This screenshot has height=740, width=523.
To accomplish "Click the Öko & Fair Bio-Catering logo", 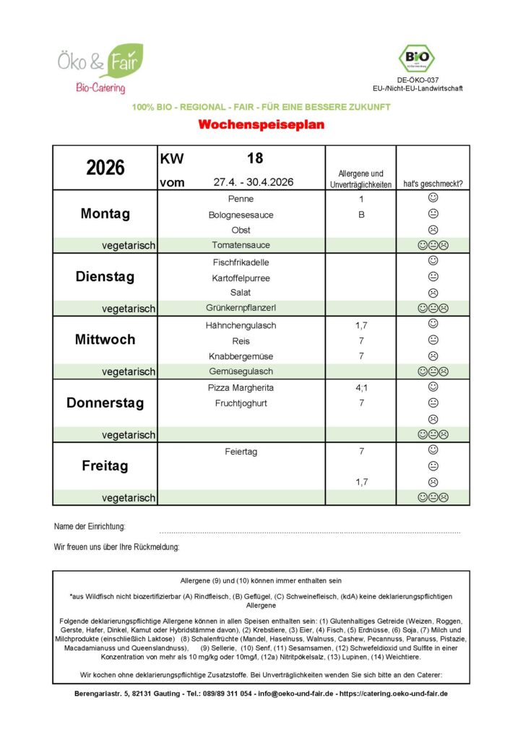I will click(x=101, y=69).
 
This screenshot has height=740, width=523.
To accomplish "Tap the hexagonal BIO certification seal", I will click(x=417, y=59).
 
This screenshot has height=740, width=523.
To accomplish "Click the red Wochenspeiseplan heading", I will click(x=261, y=125).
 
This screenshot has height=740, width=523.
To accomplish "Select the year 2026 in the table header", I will click(x=105, y=168).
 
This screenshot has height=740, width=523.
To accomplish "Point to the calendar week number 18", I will click(x=254, y=158).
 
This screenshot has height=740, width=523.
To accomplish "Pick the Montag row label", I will click(x=105, y=214).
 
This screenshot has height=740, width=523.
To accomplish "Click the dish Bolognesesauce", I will click(x=242, y=215).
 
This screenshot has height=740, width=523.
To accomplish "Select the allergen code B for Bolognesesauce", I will click(x=361, y=215).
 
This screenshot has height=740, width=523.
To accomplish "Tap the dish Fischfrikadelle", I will click(x=241, y=262).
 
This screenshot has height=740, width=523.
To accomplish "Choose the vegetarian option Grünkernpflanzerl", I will click(x=241, y=309).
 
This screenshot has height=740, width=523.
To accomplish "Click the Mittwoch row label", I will click(x=105, y=340).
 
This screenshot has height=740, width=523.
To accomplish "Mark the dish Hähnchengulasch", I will click(x=241, y=325).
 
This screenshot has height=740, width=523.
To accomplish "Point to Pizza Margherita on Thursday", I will click(x=241, y=388).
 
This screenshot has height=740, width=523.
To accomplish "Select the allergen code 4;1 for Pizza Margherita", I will click(x=361, y=388).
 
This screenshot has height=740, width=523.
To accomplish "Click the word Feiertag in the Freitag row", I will click(x=241, y=451).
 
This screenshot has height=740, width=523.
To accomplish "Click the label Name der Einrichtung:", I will click(x=90, y=526).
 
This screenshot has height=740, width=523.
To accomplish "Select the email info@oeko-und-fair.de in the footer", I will click(x=296, y=694).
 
